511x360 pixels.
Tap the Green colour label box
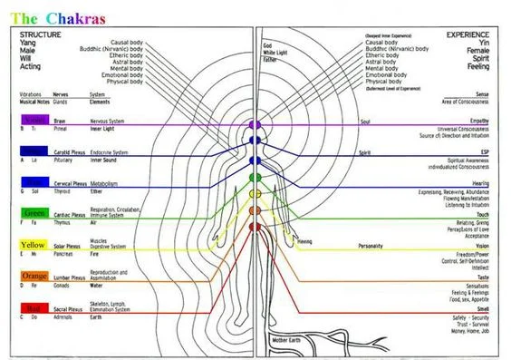[x=34, y=214]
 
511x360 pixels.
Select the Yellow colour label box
[x=34, y=246]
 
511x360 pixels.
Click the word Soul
[x=365, y=119]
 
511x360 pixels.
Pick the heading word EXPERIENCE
[x=468, y=34]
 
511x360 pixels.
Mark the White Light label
[x=274, y=52]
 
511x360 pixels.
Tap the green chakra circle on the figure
[x=255, y=178]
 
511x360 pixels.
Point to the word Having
[x=305, y=241]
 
